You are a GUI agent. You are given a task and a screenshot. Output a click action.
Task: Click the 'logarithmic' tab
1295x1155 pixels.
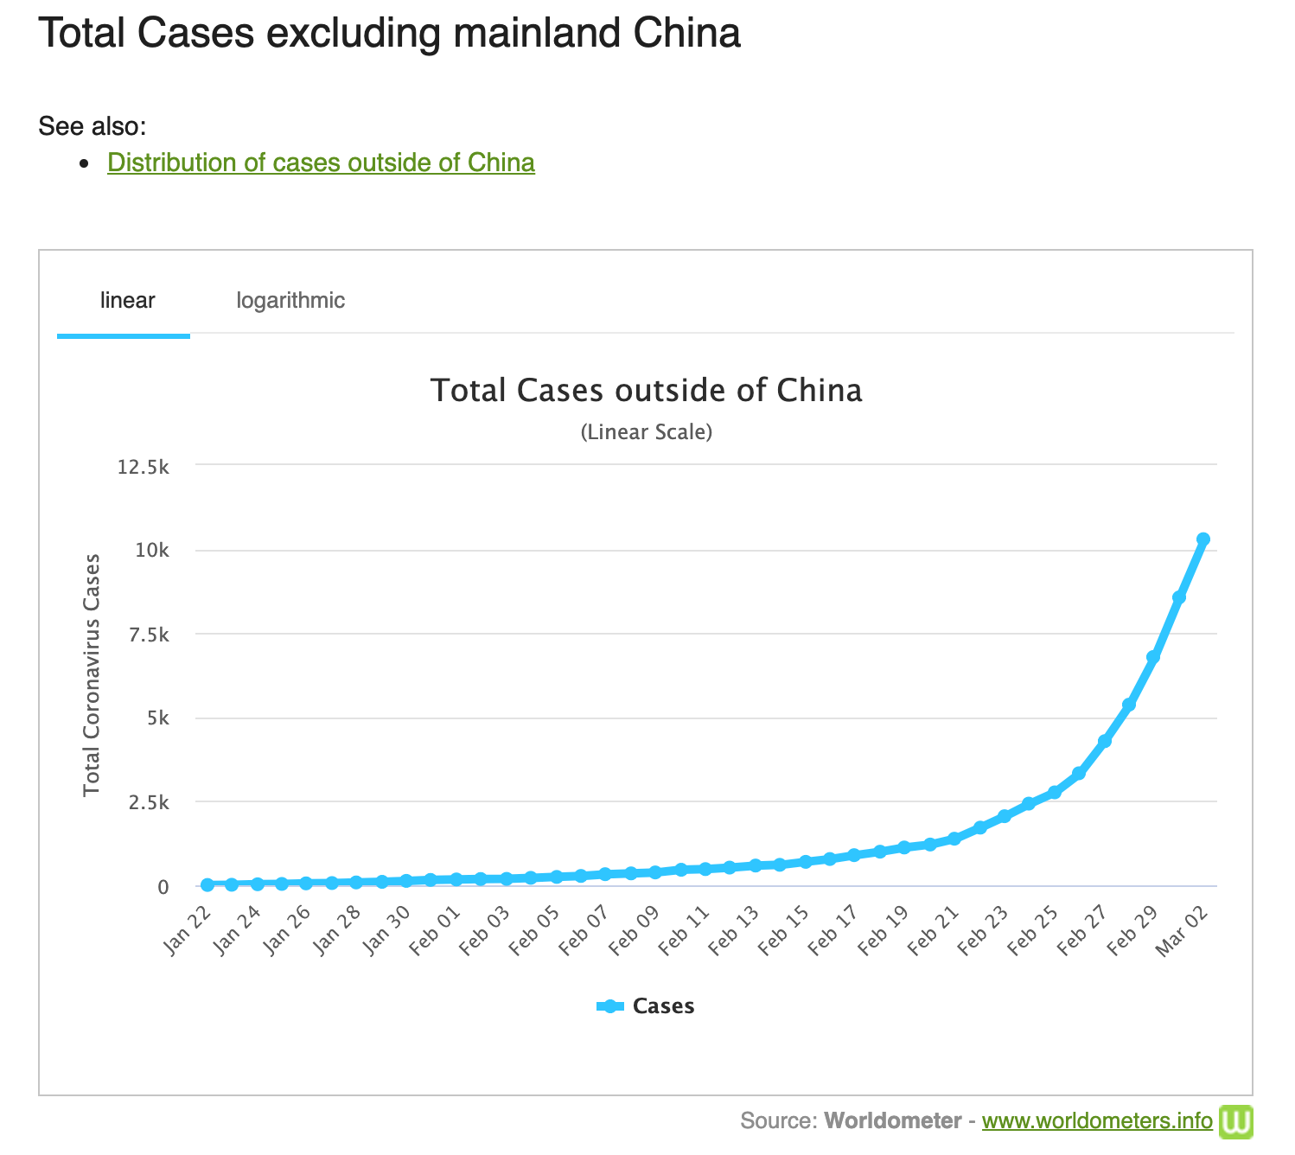click(x=290, y=301)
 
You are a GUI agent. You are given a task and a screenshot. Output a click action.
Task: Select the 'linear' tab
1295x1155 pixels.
click(x=127, y=301)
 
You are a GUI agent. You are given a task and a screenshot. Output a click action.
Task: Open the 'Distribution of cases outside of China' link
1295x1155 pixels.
click(x=321, y=163)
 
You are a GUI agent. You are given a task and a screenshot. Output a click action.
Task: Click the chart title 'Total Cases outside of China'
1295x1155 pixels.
click(x=646, y=390)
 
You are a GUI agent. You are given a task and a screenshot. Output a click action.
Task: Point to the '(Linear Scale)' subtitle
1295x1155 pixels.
click(x=646, y=431)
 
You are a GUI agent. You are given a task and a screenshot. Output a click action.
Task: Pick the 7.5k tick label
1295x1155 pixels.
click(x=148, y=635)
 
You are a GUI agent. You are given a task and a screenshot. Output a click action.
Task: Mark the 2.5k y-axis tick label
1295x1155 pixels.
click(x=148, y=802)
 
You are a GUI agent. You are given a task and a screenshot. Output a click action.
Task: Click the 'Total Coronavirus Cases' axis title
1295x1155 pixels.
click(x=92, y=675)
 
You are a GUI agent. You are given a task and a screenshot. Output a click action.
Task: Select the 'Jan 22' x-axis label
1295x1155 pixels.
click(x=188, y=929)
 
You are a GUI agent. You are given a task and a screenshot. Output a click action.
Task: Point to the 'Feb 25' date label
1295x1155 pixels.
click(x=1035, y=929)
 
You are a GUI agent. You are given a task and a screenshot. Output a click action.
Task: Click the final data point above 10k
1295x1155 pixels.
click(x=1202, y=539)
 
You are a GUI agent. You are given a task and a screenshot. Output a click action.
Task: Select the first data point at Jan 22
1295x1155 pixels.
click(x=207, y=884)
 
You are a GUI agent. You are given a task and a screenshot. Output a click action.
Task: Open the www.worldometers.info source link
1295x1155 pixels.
click(x=1097, y=1121)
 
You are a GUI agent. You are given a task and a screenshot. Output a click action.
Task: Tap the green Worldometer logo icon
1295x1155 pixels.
click(x=1235, y=1121)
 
